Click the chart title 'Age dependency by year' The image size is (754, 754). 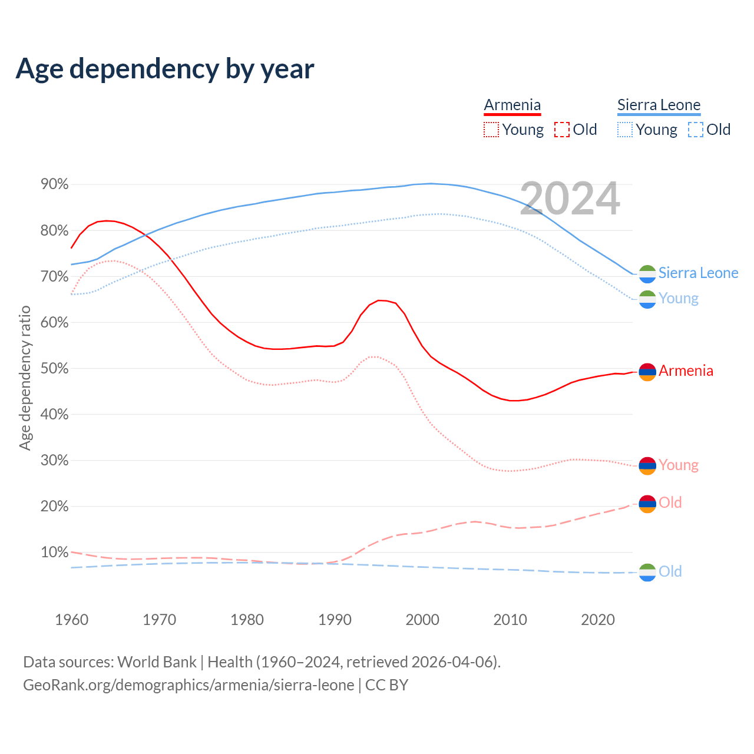[x=165, y=68]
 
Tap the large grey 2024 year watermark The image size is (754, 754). [x=570, y=199]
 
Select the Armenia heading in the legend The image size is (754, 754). [x=512, y=105]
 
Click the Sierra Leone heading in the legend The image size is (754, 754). [x=659, y=105]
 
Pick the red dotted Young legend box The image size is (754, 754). [x=491, y=130]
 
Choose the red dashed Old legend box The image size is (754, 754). [x=562, y=130]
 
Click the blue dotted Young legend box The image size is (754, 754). [x=625, y=130]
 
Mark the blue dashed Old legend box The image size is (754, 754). [x=696, y=130]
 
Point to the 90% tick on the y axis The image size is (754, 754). [x=54, y=184]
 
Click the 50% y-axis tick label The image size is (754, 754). [x=54, y=368]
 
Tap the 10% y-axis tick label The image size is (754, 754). [x=54, y=552]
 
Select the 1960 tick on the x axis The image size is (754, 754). [x=71, y=620]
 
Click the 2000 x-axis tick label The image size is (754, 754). [x=422, y=620]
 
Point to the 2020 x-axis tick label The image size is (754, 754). [x=598, y=620]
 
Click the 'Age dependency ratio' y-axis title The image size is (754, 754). [x=25, y=378]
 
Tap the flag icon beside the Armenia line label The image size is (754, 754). [x=647, y=372]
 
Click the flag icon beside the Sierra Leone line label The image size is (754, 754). [x=647, y=274]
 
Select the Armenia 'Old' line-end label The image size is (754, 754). [x=670, y=502]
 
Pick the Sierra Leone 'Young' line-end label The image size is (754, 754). [x=678, y=298]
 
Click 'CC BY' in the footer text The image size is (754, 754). [x=386, y=685]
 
